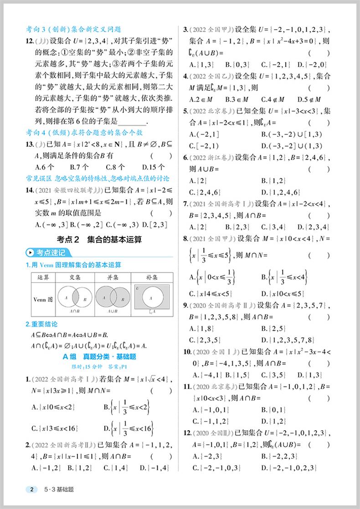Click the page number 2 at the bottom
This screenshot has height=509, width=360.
coord(31,490)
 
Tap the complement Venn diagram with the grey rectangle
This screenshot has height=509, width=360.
coord(152,298)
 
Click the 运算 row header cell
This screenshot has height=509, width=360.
coord(43,277)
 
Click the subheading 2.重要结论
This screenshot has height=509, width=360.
coord(42,324)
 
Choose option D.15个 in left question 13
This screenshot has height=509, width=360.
coord(152,167)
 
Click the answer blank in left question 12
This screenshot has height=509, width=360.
coord(132,121)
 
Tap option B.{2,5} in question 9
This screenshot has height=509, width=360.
coord(273,328)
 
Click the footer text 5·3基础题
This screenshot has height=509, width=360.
coord(59,490)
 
